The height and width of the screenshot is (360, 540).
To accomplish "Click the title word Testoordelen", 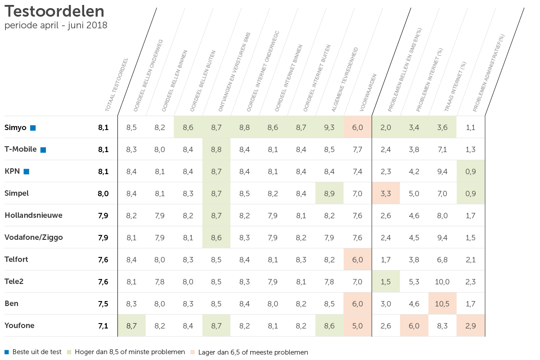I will [54, 11].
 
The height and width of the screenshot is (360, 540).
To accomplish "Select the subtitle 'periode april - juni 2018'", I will [56, 26].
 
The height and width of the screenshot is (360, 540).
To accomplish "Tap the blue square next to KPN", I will [27, 171].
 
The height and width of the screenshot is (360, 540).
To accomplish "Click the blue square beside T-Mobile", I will [43, 150].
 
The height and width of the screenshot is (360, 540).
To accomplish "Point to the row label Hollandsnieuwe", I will [33, 215].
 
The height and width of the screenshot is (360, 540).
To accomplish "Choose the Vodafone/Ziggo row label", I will [34, 237].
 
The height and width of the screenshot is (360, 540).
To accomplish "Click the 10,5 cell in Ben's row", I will [442, 304].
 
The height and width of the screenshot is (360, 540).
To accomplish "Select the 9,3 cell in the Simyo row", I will [329, 127].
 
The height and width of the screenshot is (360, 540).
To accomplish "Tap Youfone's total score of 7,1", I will [103, 326].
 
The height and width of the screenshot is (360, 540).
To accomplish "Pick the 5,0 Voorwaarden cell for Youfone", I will [358, 326].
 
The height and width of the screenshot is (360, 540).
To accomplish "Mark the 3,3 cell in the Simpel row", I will [386, 193].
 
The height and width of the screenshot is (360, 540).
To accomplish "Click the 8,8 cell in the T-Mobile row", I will [216, 149].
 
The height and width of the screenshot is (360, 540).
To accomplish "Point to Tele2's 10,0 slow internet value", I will [442, 282].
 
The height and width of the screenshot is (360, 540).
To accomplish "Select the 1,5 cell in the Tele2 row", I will [386, 282].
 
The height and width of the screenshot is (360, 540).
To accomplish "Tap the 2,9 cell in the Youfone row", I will [471, 326].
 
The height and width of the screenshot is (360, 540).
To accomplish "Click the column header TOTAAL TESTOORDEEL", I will [117, 85].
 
